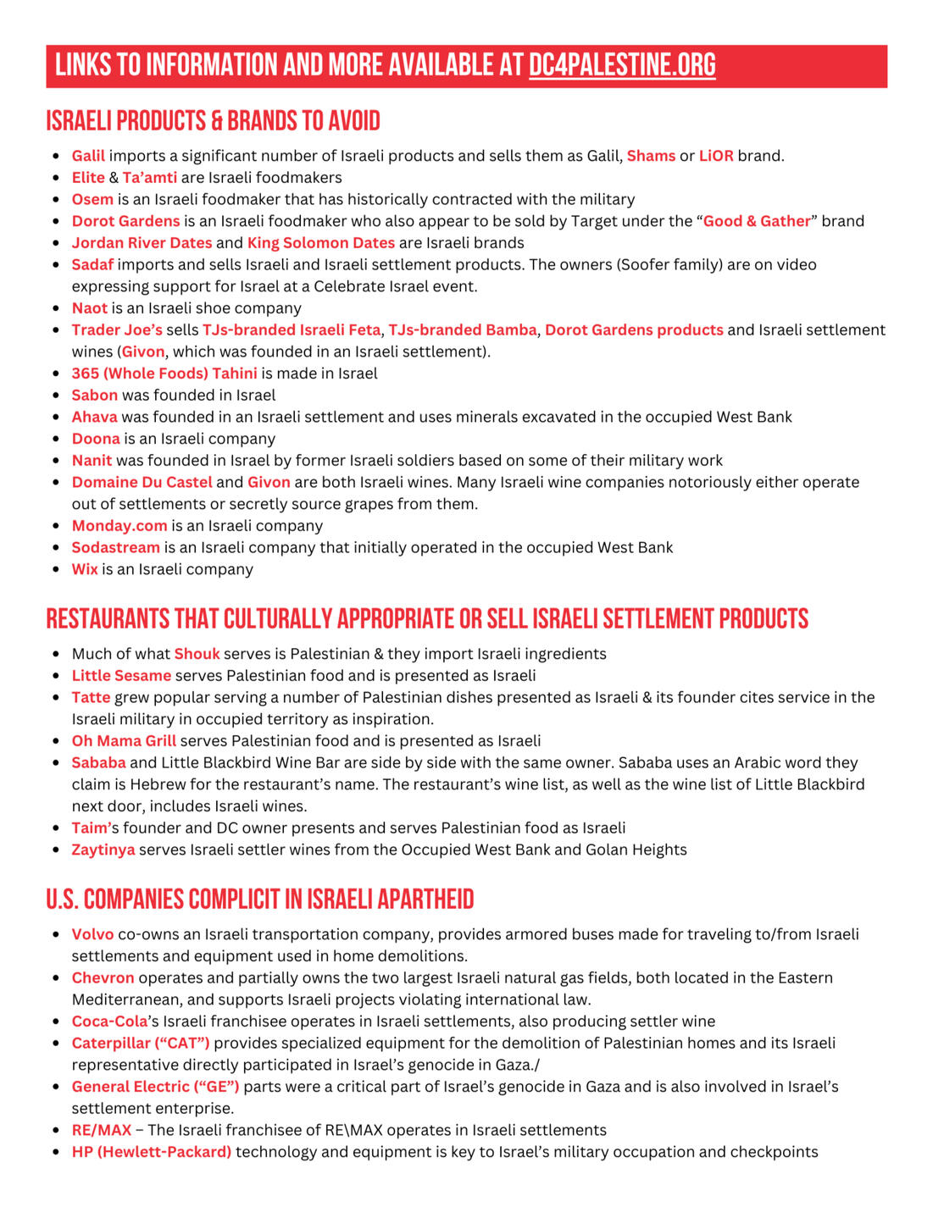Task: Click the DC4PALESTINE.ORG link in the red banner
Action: [x=622, y=65]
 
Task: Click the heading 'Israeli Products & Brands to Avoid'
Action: [x=213, y=121]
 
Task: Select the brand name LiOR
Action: [x=716, y=156]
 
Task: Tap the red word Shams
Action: [x=651, y=156]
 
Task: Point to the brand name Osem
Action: [x=92, y=199]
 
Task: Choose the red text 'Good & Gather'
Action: [x=757, y=221]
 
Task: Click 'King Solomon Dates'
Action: [x=321, y=243]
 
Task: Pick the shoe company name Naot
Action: [x=90, y=308]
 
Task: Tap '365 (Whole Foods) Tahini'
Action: [x=164, y=374]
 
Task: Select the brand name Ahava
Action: [x=95, y=417]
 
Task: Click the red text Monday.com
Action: [x=119, y=526]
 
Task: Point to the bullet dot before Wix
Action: [x=56, y=570]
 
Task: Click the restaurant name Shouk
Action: [x=197, y=654]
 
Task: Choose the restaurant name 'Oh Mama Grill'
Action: [x=124, y=741]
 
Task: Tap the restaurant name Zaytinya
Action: [x=103, y=850]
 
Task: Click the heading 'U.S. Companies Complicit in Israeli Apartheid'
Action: [x=259, y=900]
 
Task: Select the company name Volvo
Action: [x=92, y=934]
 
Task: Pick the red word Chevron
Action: [x=103, y=977]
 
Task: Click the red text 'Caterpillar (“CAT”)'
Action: [x=141, y=1043]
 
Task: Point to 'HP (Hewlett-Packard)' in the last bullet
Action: [x=152, y=1152]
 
